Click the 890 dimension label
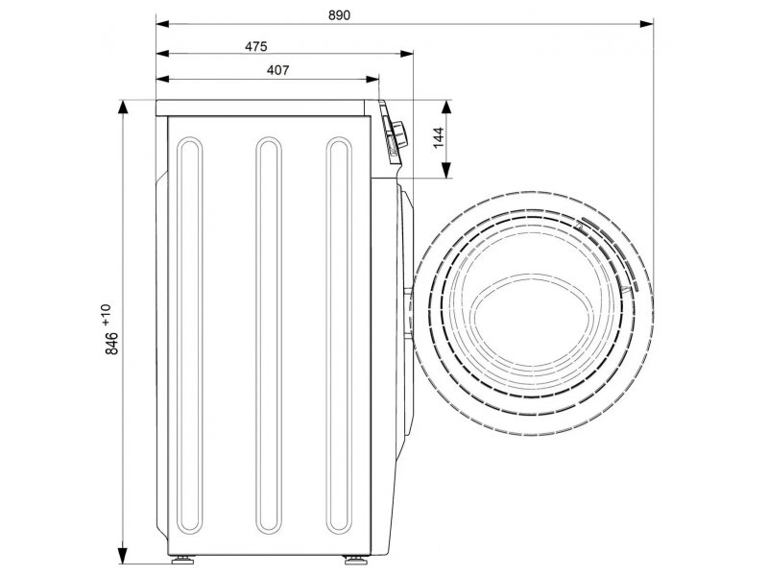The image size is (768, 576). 339,15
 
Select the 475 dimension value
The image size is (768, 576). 255,46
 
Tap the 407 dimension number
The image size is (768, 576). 277,70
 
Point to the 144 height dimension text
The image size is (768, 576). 438,137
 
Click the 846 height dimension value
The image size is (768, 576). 111,343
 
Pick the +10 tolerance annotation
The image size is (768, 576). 107,315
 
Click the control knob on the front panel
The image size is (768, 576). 399,132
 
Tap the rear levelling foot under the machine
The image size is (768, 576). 182,559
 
